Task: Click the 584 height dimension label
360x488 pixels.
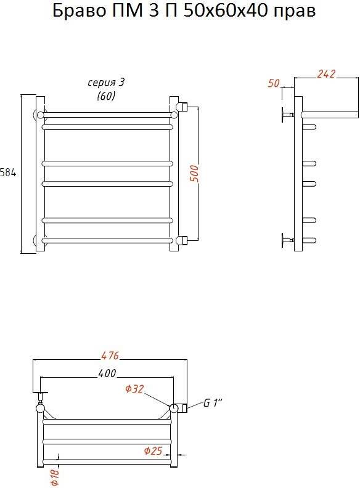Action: click(x=8, y=173)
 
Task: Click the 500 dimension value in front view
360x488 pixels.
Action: click(x=194, y=174)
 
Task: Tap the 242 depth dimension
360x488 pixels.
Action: click(x=326, y=74)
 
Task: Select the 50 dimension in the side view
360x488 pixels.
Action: click(x=274, y=83)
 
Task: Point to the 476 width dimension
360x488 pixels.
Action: click(x=110, y=355)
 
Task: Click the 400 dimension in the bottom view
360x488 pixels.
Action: click(x=107, y=373)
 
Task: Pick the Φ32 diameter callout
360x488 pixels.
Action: click(x=134, y=388)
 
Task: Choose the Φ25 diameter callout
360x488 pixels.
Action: click(x=153, y=450)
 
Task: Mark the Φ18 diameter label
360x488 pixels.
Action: click(x=54, y=478)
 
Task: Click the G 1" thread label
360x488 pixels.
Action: click(x=213, y=403)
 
